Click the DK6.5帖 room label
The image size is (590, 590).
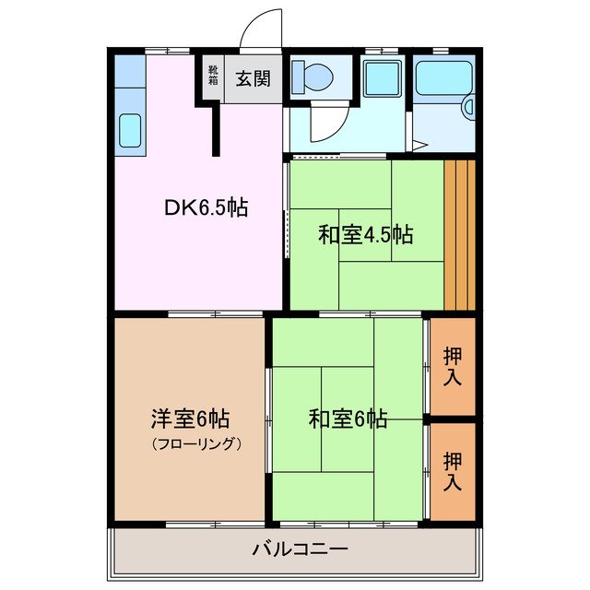(x=206, y=208)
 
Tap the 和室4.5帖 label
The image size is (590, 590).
(x=365, y=235)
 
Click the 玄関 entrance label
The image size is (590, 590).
(x=252, y=78)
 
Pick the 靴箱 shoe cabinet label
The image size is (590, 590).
(x=213, y=75)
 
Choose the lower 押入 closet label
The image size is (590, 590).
(x=453, y=470)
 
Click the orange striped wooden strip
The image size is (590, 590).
(x=459, y=235)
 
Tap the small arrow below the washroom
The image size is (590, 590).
(x=419, y=145)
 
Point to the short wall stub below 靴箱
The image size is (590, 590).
(x=218, y=129)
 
